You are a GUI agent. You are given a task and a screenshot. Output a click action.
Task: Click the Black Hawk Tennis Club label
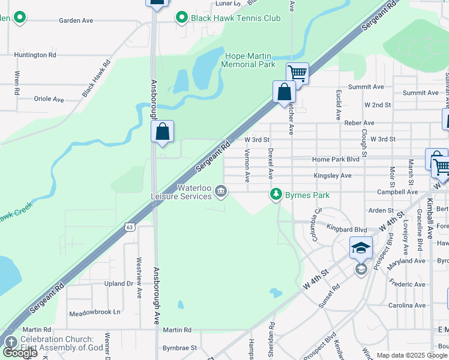point(235,18)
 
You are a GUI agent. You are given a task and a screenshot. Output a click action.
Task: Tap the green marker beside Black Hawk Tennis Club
point(181,18)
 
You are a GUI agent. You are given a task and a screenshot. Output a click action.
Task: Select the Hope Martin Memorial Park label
point(249,60)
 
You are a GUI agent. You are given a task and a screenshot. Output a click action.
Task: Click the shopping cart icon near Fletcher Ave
point(297,74)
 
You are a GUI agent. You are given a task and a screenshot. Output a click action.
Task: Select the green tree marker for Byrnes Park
point(276,194)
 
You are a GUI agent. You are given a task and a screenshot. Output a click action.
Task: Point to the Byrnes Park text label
point(307,195)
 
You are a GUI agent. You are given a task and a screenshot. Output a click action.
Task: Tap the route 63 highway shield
point(130,227)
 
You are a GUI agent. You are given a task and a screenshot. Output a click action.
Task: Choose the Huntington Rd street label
point(35,55)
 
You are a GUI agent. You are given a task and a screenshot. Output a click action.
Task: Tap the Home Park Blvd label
point(336,160)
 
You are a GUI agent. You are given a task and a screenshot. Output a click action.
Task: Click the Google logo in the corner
point(20,353)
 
